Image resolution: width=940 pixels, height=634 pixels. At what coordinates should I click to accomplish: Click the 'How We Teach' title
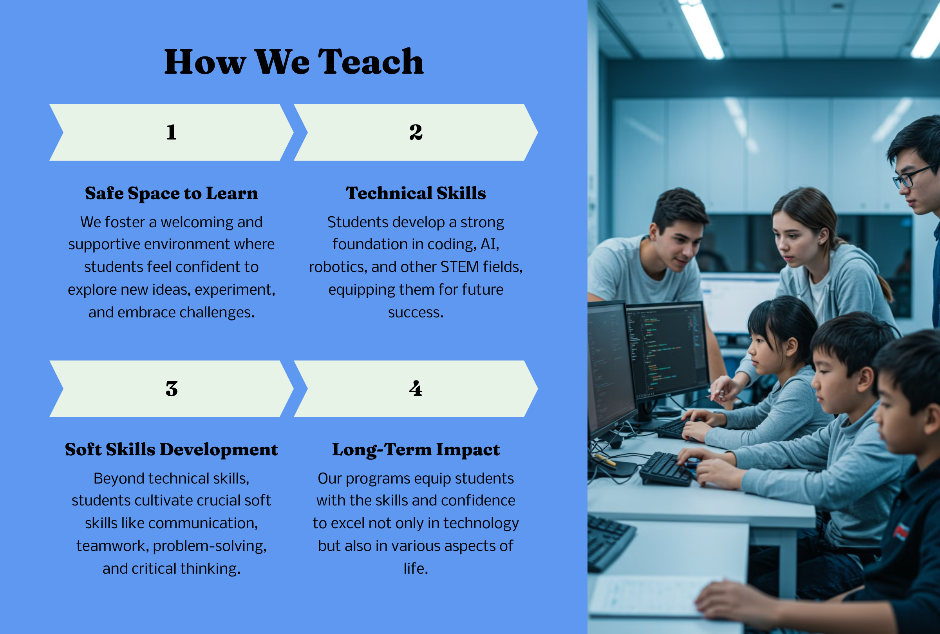(294, 62)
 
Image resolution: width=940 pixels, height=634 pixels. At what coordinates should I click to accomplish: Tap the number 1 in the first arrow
(171, 132)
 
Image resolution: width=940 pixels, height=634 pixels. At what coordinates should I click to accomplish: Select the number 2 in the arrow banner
(416, 132)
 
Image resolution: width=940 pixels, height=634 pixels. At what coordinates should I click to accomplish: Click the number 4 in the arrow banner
(416, 388)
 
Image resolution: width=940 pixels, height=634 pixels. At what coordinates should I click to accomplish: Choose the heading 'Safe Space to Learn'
(171, 193)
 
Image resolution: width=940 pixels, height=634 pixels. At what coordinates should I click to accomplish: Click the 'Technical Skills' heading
(416, 193)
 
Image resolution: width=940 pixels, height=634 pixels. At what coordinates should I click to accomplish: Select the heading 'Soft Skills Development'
(171, 449)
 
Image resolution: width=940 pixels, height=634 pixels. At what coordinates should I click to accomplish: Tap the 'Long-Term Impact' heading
(416, 449)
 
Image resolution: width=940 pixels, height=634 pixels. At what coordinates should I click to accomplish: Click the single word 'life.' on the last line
(416, 569)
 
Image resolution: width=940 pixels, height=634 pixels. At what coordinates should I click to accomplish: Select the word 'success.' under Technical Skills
(416, 313)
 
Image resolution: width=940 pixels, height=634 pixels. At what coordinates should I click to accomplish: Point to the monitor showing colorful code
(668, 350)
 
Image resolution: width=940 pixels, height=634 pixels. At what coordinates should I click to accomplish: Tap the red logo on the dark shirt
(901, 531)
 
